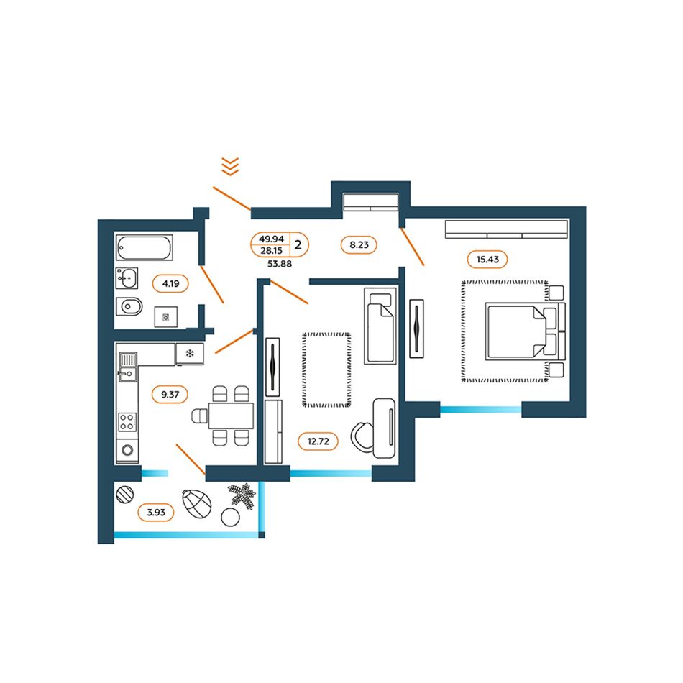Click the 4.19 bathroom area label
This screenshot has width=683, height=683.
click(x=170, y=283)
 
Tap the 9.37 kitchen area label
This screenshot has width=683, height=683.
click(x=170, y=395)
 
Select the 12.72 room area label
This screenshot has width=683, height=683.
click(x=318, y=441)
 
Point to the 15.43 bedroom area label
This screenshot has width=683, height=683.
click(x=487, y=260)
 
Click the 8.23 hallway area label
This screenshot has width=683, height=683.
click(x=359, y=244)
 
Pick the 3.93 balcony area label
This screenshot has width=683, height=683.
click(x=156, y=512)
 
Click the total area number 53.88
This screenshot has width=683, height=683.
click(x=280, y=264)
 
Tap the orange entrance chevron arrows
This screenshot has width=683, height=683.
click(x=230, y=166)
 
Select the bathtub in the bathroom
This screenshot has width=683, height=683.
click(x=145, y=247)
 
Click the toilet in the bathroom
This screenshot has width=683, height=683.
click(x=129, y=307)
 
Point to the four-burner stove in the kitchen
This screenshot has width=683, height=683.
click(x=127, y=421)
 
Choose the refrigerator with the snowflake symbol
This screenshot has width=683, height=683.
click(x=190, y=354)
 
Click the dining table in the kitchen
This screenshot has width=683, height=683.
click(x=231, y=416)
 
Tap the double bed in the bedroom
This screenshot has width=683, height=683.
click(x=525, y=331)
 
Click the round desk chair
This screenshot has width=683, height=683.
click(x=362, y=437)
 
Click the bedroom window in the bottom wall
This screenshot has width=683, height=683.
click(x=481, y=410)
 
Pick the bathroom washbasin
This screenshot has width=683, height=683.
click(x=127, y=278)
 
